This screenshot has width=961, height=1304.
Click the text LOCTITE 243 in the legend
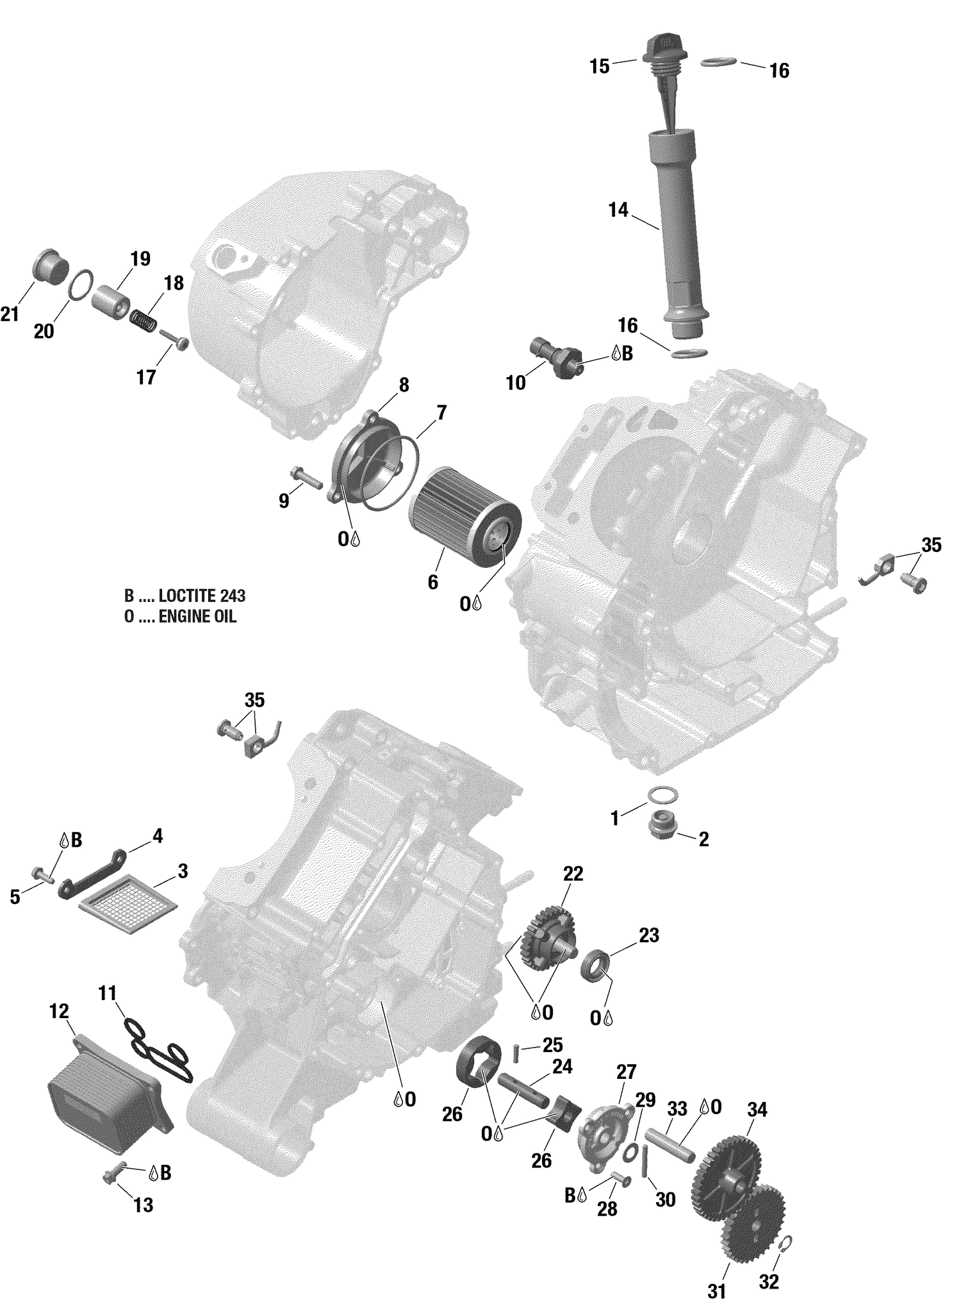[202, 596]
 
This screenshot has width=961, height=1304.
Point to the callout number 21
[9, 315]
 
